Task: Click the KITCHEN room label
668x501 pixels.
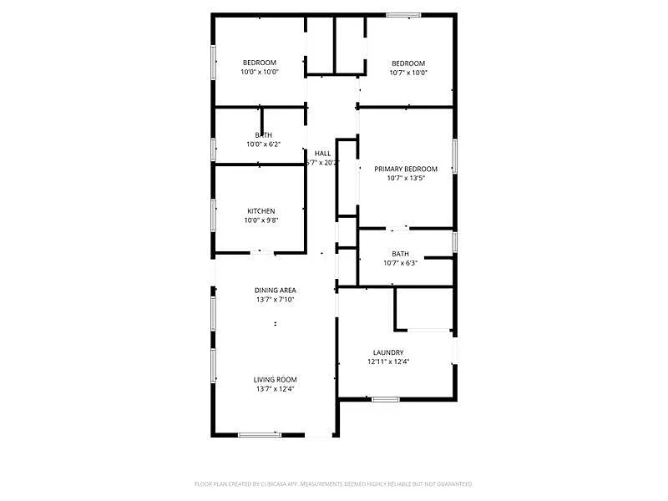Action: pos(261,211)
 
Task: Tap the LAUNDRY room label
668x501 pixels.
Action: pos(388,352)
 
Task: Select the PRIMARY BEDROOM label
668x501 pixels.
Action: pos(405,169)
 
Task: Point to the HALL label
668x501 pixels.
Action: pos(322,154)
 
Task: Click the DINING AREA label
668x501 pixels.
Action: pos(276,291)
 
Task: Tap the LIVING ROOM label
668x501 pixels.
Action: pos(276,379)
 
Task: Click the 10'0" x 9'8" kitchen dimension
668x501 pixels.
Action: pos(261,220)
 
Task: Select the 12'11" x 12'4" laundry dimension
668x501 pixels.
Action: pos(388,362)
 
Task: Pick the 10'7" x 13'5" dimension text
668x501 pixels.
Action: pos(405,178)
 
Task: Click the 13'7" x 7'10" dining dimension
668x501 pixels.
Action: pos(276,300)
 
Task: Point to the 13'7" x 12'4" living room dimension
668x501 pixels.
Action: pos(276,388)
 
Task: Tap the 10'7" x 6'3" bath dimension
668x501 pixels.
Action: pos(400,263)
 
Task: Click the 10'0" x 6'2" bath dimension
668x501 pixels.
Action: pos(263,144)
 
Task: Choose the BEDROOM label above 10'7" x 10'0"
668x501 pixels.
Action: pos(408,63)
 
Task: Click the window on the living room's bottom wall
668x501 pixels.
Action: pos(259,434)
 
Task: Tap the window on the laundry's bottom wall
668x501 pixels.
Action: pos(385,399)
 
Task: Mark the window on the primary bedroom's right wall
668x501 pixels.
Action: pos(455,156)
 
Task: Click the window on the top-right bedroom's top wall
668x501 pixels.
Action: pos(403,14)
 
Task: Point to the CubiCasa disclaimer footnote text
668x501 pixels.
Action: pos(333,483)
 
